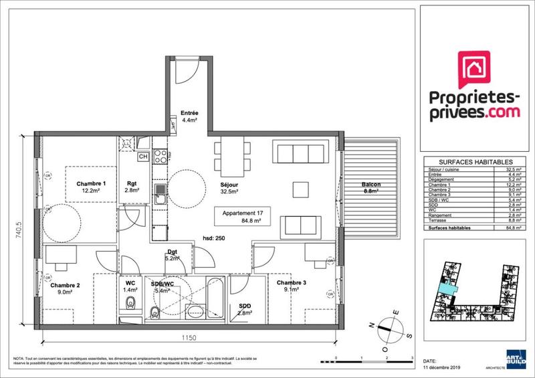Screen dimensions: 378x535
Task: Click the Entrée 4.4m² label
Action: point(181,116)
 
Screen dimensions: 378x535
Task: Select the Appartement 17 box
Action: point(242,217)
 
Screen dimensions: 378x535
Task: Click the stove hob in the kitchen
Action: point(161,157)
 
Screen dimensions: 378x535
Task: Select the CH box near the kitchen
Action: point(142,157)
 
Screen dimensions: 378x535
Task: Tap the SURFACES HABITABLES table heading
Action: point(475,162)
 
